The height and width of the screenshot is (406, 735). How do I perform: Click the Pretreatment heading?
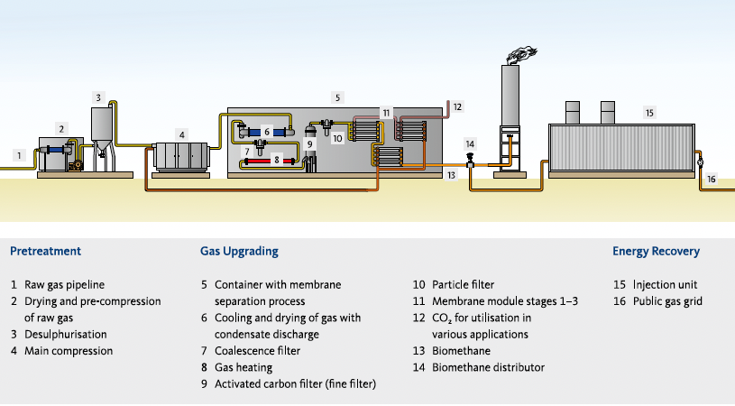(x=45, y=251)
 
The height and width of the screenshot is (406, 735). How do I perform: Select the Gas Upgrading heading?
(x=238, y=251)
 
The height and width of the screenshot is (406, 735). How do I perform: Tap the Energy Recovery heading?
(x=656, y=251)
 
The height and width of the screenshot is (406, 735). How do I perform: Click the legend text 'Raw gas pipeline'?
(x=66, y=284)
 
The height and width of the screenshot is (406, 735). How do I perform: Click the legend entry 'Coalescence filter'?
(x=257, y=351)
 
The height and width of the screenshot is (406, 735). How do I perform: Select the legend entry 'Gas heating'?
(x=243, y=367)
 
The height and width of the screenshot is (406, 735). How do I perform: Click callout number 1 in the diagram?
(x=18, y=156)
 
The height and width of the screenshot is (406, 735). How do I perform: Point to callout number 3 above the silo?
(x=98, y=97)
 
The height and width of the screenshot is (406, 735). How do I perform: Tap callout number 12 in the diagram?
(x=457, y=106)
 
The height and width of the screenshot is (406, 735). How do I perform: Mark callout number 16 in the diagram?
(x=711, y=180)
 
